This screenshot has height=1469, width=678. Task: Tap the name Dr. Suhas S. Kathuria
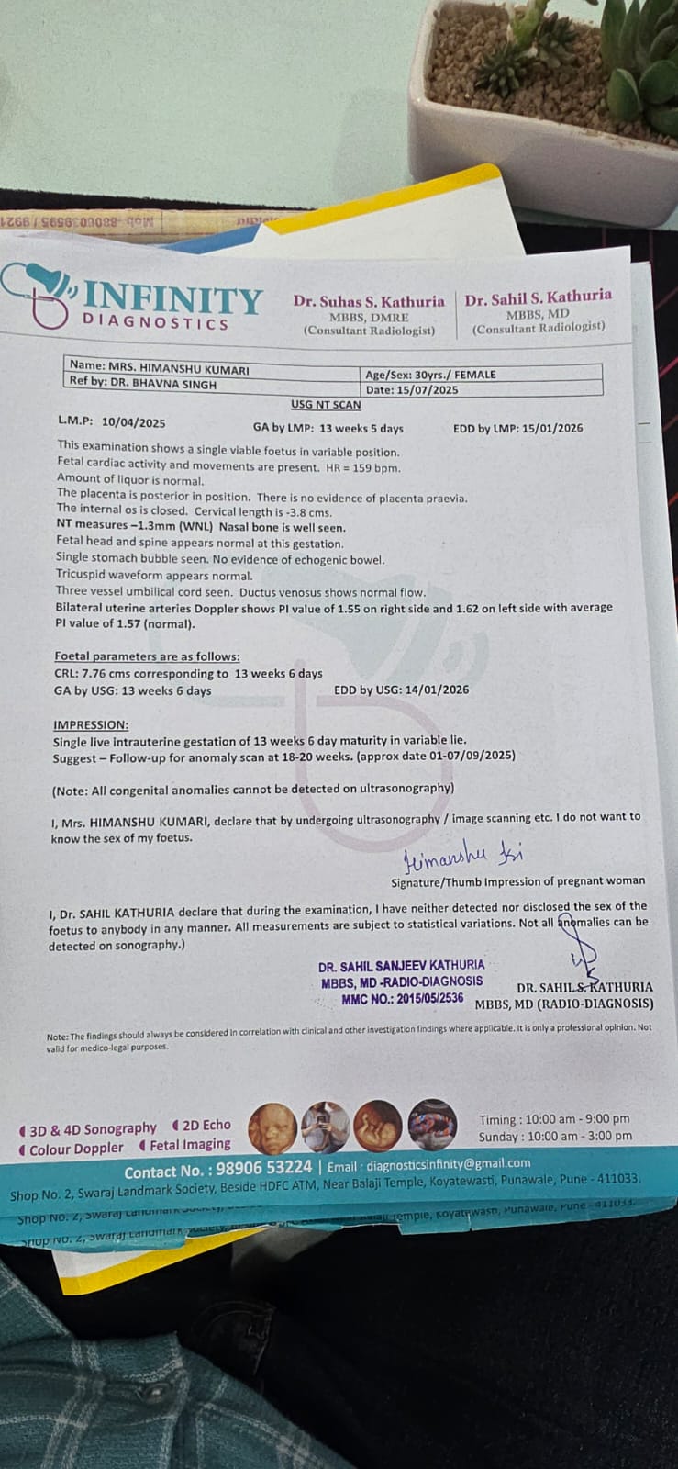point(369,301)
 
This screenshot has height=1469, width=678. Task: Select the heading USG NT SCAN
point(326,405)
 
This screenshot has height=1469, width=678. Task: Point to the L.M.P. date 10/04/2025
point(134,422)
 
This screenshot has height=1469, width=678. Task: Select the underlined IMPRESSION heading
point(91,724)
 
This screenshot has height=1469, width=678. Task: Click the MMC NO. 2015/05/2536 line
point(402,998)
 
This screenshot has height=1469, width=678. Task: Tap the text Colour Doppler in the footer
point(76,1149)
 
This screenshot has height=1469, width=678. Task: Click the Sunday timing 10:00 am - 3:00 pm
point(580,1136)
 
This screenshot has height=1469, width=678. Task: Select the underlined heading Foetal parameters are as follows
point(147,656)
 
